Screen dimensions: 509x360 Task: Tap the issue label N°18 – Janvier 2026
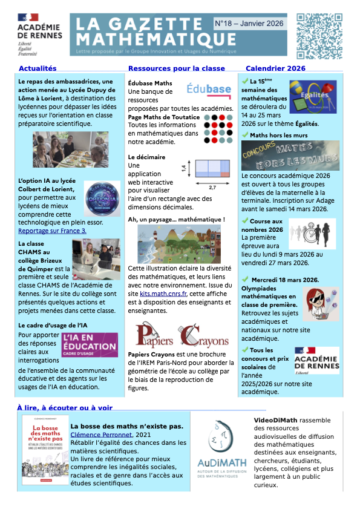click(x=250, y=23)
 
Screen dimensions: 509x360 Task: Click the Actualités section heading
click(x=38, y=68)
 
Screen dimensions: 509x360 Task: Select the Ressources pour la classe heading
click(x=177, y=68)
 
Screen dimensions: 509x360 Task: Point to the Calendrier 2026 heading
click(x=275, y=68)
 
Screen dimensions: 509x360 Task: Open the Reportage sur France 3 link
click(x=52, y=231)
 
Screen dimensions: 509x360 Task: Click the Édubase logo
click(x=209, y=90)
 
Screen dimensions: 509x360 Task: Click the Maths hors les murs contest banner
click(x=290, y=156)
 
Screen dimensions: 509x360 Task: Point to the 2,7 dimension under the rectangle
click(x=212, y=188)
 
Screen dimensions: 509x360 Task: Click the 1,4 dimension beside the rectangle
click(x=184, y=168)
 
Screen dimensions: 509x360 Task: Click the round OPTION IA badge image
click(x=102, y=199)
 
